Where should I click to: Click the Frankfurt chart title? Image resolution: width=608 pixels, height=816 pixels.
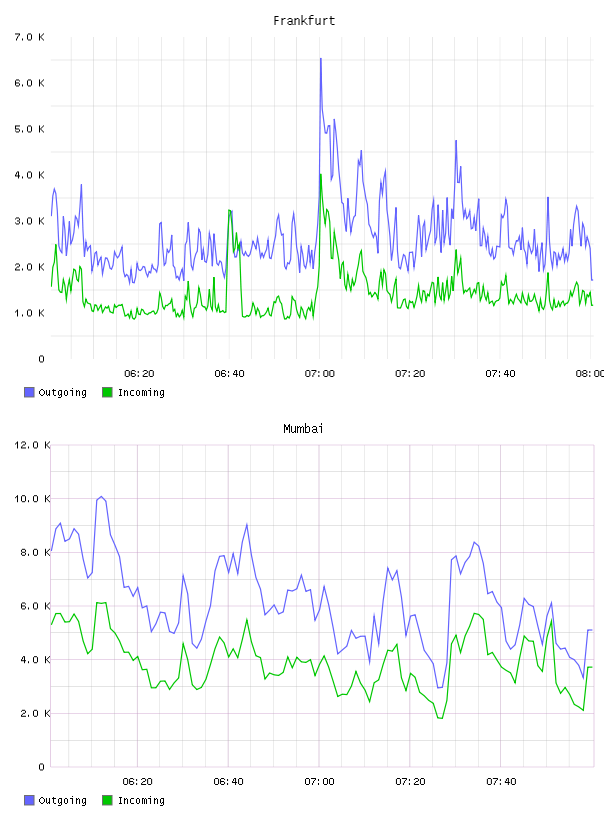coord(304,20)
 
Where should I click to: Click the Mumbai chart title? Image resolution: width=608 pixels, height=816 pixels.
coord(303,428)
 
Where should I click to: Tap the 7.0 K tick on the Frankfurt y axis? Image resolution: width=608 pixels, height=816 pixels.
coord(30,37)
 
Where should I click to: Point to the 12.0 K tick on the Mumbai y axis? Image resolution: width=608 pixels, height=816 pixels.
coord(32,445)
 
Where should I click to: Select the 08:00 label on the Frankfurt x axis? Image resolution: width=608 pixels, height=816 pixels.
coord(590,373)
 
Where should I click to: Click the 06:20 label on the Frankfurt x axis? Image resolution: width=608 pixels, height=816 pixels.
coord(140,373)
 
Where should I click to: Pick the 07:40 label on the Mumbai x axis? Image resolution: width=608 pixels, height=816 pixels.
coord(501,781)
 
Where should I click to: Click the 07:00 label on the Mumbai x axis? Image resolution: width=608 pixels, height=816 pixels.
coord(320,781)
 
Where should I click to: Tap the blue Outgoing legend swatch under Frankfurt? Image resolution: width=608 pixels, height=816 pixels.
coord(29,392)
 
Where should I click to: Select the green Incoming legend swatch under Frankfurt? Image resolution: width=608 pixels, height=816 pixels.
coord(107,392)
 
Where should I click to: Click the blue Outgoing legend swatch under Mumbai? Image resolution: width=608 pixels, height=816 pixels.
coord(29,800)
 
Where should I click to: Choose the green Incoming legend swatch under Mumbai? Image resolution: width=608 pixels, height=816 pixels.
coord(107,800)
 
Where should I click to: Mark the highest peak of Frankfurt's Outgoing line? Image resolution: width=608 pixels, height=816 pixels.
coord(321,58)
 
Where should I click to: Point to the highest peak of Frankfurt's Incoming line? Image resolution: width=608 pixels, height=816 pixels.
coord(321,174)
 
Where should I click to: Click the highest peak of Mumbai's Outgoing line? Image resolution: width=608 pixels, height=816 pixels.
coord(101,496)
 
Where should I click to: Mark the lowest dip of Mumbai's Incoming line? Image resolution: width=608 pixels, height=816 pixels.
coord(441,719)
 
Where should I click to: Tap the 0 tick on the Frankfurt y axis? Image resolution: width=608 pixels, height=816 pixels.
coord(42,359)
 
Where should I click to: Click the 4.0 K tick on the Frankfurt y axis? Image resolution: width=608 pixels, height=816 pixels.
coord(30,175)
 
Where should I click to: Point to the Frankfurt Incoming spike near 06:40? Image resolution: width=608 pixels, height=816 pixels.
coord(229,210)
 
